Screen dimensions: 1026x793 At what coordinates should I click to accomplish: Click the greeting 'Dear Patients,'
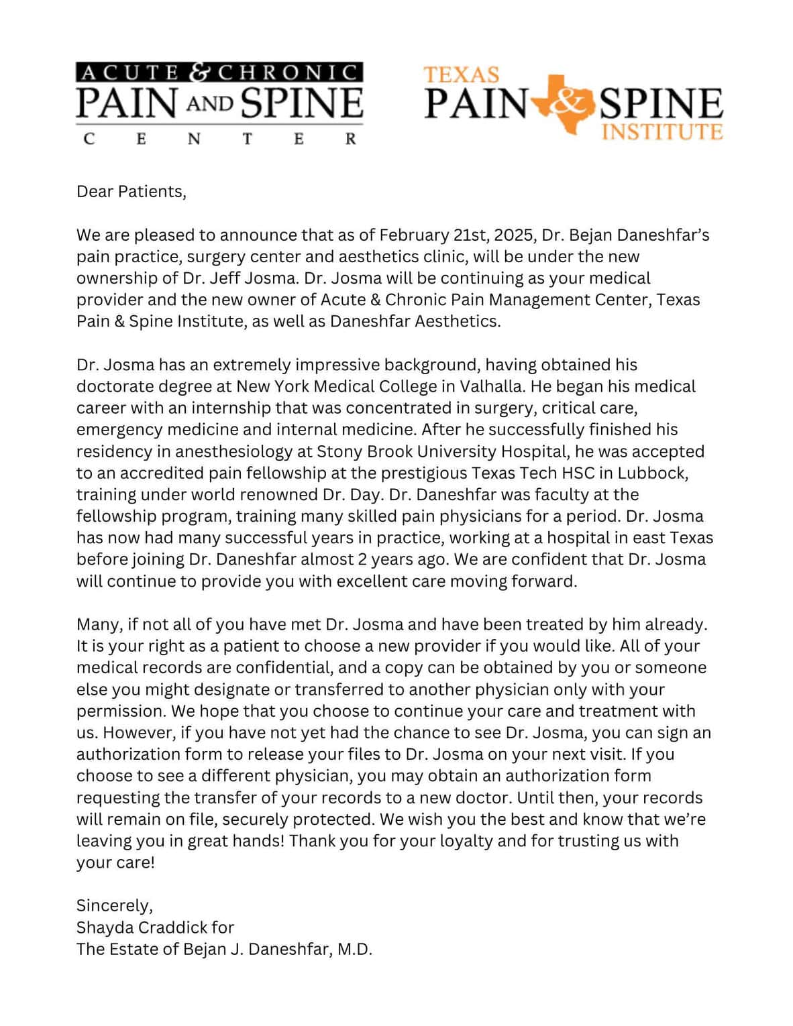(x=131, y=192)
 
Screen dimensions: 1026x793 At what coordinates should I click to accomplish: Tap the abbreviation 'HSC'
(x=578, y=473)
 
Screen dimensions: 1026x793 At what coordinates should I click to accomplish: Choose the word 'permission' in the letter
(x=114, y=711)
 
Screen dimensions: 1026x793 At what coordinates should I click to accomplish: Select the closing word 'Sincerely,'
(x=115, y=906)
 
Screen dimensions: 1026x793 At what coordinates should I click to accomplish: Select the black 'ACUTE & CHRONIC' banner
(x=219, y=72)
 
